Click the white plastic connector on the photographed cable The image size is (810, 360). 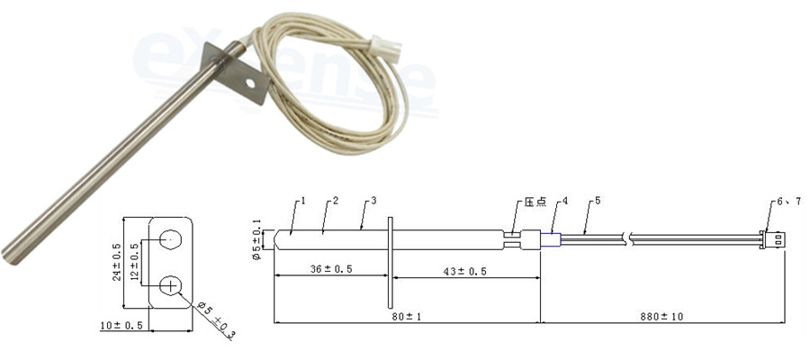coord(386,49)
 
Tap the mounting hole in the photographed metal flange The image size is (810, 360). coord(250,82)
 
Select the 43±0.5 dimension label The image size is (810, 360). coord(463,271)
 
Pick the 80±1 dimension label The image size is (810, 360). coord(407,317)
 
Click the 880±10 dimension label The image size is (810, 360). coord(661,317)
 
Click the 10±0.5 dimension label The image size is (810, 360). coord(121,326)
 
